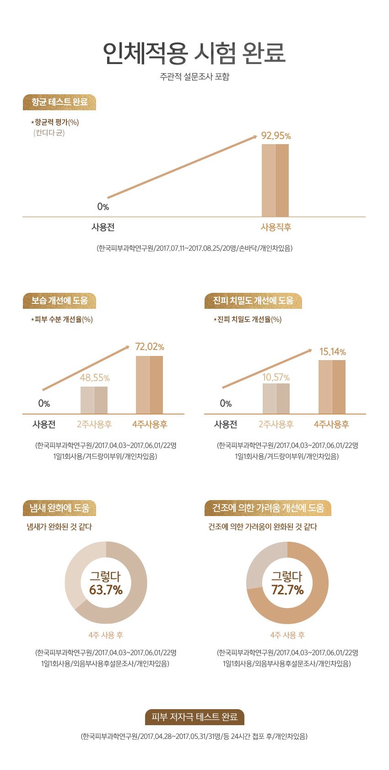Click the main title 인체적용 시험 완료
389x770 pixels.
coord(194,54)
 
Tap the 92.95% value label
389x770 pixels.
coord(276,136)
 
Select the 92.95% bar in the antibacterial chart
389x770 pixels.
coord(275,180)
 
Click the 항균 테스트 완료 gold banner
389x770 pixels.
coord(59,102)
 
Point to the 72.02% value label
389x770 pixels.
coord(150,347)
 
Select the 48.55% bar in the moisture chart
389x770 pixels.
coord(94,400)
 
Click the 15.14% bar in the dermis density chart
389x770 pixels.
coord(332,387)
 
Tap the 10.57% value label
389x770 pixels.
coord(276,377)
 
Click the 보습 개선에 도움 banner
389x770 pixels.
coord(59,301)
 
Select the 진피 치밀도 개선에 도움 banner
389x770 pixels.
coord(253,301)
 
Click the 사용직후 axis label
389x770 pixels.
coord(276,227)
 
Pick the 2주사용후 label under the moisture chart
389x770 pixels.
coord(94,425)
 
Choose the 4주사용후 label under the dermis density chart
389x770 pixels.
coord(331,425)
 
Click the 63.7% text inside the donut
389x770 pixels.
coord(106,590)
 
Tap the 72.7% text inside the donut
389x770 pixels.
coord(287,590)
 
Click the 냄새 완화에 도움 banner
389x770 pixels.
coord(59,508)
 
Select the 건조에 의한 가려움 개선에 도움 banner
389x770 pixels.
coord(268,508)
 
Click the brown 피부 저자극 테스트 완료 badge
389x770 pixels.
coord(194,717)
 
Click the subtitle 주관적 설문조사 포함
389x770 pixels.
coord(194,77)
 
